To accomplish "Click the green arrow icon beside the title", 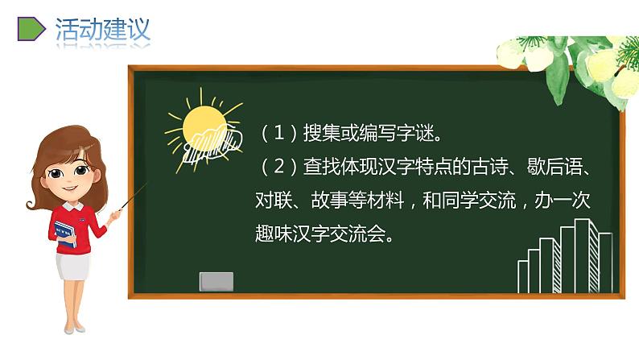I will pyautogui.click(x=30, y=29).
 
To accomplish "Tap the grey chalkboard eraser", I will pyautogui.click(x=216, y=281).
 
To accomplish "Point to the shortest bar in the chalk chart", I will pyautogui.click(x=523, y=275).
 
